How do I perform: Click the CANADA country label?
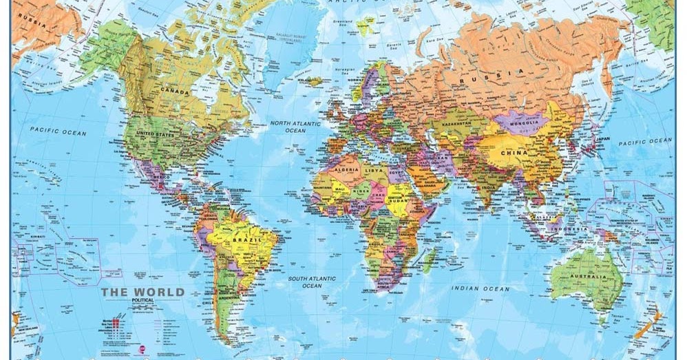click(175, 90)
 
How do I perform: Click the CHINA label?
click(514, 153)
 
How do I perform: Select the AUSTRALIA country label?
click(589, 277)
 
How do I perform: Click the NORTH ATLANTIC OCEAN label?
click(295, 127)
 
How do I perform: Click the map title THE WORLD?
click(143, 292)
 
